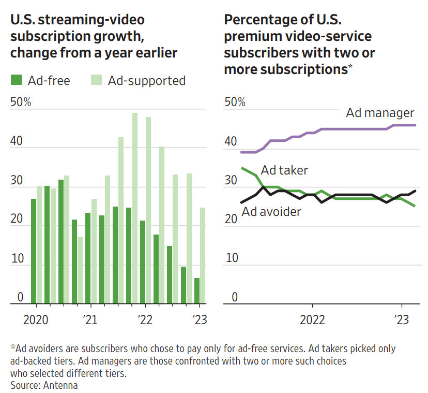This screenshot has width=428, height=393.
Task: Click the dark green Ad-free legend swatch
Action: (17, 80)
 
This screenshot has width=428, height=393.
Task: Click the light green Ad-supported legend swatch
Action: (96, 80)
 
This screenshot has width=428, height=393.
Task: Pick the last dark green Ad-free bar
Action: (197, 290)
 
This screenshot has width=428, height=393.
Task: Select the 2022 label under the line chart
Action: (312, 319)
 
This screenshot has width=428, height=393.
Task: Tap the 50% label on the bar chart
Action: (21, 102)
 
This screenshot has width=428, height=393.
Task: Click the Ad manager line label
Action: (380, 113)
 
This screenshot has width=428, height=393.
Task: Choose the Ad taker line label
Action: (284, 170)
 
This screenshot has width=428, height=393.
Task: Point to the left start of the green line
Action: (242, 168)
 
